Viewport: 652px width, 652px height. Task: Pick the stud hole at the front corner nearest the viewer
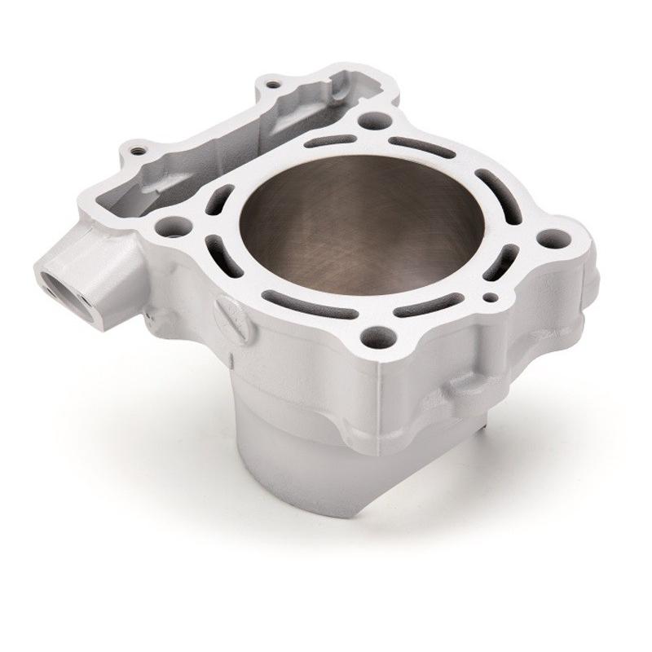tap(377, 334)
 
